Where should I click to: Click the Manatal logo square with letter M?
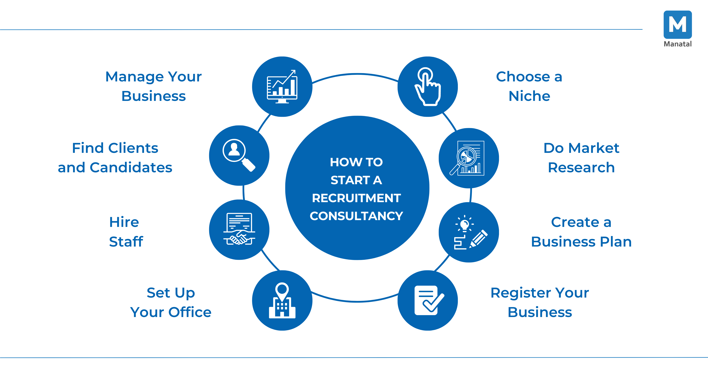(x=677, y=25)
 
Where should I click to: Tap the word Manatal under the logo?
(x=677, y=44)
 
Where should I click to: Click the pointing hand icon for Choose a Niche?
(x=428, y=87)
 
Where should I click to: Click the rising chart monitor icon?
(x=282, y=87)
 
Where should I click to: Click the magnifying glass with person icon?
(x=239, y=155)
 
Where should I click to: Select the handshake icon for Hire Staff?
(x=239, y=230)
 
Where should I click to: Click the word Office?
(x=190, y=312)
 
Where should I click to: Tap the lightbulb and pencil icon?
(x=469, y=232)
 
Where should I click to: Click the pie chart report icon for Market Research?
(x=469, y=158)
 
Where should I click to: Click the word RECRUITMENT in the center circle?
(x=356, y=198)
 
